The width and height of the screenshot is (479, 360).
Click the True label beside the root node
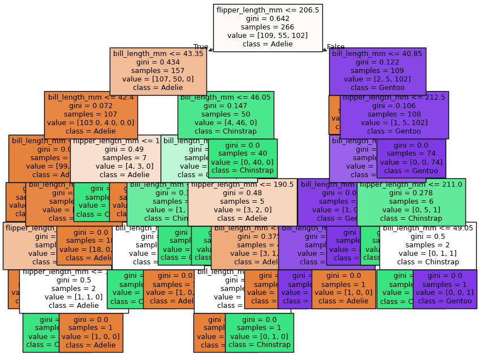tap(201, 47)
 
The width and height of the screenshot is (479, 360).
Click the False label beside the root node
tap(335, 47)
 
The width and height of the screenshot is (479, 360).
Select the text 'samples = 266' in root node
tap(267, 27)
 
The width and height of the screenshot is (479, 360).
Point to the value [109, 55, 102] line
tap(267, 36)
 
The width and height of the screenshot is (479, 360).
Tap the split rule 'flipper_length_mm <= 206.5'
tap(267, 10)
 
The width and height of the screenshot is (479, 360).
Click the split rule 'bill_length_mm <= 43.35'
tap(158, 54)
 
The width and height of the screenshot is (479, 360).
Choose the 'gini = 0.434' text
tap(158, 62)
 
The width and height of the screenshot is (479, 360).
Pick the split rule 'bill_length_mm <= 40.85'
tap(377, 54)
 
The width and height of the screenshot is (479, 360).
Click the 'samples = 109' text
tap(377, 71)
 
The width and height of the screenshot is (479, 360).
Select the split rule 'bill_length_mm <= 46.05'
tap(226, 97)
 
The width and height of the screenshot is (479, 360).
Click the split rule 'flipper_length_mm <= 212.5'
tap(394, 97)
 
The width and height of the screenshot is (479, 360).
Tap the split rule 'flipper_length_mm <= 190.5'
tap(242, 185)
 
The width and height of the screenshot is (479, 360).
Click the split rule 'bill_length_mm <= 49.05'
tap(428, 228)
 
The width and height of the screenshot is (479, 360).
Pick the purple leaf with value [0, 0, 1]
tap(445, 289)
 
